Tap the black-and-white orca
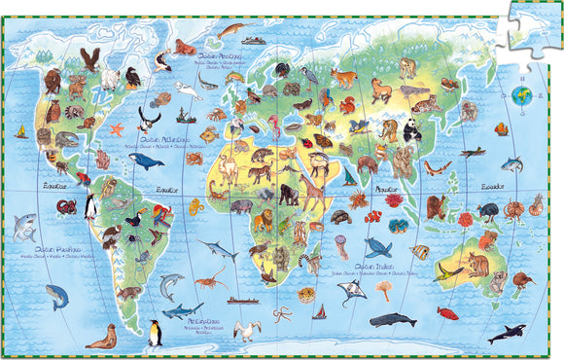(x=506, y=334)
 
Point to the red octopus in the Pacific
(x=65, y=207)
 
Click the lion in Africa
(x=262, y=174)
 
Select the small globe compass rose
(x=520, y=95)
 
